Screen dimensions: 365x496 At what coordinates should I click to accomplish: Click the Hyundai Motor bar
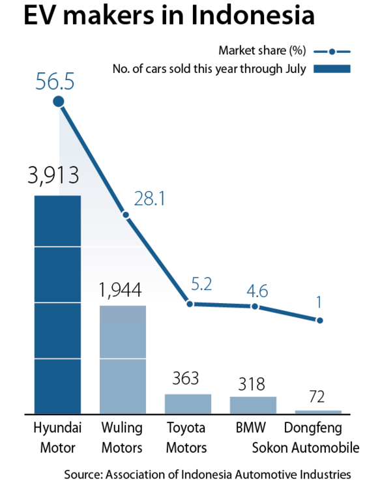pos(57,304)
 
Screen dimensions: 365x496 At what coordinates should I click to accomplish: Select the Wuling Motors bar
pos(123,360)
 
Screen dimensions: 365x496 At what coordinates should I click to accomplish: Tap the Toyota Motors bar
pos(188,404)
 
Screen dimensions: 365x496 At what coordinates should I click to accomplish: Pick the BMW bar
pos(253,405)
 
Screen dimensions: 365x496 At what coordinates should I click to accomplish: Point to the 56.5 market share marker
pos(59,102)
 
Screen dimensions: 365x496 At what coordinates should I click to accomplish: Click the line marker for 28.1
pos(126,215)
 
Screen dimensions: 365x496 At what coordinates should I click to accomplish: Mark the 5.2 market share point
pos(190,304)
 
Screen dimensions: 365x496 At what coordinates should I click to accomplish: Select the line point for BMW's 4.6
pos(255,306)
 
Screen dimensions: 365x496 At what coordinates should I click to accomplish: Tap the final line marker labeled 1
pos(320,321)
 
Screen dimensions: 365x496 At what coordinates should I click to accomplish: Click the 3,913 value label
pos(53,175)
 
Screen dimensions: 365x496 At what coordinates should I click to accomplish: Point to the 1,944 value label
pos(121,290)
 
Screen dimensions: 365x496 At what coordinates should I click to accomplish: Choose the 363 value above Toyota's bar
pos(186,378)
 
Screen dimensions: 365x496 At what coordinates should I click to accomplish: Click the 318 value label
pos(252,384)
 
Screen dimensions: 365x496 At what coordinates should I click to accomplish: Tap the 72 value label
pos(317,397)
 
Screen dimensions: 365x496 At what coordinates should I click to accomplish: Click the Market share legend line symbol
pos(332,51)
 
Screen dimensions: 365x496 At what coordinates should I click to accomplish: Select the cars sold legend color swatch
pos(332,68)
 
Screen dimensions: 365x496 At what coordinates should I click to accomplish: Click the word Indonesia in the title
pos(253,14)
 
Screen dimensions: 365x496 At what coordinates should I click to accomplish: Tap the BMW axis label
pos(251,428)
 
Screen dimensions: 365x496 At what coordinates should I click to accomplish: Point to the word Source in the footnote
pos(83,474)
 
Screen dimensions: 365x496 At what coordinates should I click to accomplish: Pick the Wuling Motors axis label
pos(122,437)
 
